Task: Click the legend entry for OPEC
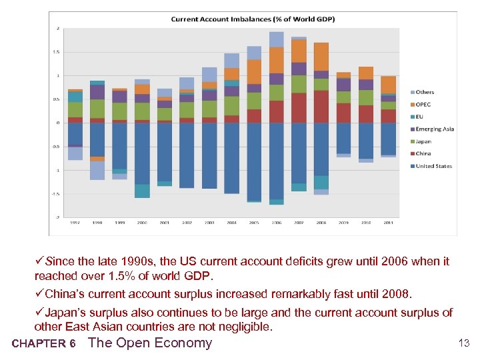coord(423,105)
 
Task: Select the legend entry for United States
coord(433,166)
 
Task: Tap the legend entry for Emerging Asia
coord(434,129)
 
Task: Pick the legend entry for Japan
coord(423,141)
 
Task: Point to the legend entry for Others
coord(425,93)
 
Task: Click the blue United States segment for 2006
coord(277,160)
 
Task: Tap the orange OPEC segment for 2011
coord(388,84)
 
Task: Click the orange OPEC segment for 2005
coord(254,71)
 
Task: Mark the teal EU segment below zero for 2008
coord(321,182)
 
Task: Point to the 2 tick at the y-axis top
coord(58,29)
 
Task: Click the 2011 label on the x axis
coord(388,223)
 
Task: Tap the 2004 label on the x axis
coord(231,223)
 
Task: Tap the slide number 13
coord(464,343)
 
